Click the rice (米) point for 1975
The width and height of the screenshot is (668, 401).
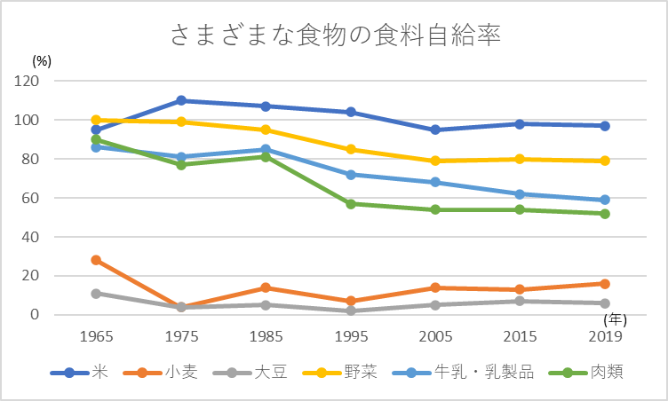(x=181, y=100)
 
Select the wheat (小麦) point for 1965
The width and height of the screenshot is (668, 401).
(x=96, y=260)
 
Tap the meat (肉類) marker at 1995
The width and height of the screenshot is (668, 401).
(x=351, y=204)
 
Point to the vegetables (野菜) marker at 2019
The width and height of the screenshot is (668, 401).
(x=605, y=161)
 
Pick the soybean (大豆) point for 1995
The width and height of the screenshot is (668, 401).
(x=351, y=311)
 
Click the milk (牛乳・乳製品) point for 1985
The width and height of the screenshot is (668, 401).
(x=266, y=149)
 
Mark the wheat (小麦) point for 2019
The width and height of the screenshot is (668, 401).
(x=605, y=284)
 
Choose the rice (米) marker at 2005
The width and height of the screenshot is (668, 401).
(x=435, y=130)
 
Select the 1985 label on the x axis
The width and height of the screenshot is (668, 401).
(x=266, y=337)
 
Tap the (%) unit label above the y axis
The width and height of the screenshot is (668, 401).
(x=43, y=61)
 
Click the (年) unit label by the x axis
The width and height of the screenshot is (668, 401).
(x=614, y=318)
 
